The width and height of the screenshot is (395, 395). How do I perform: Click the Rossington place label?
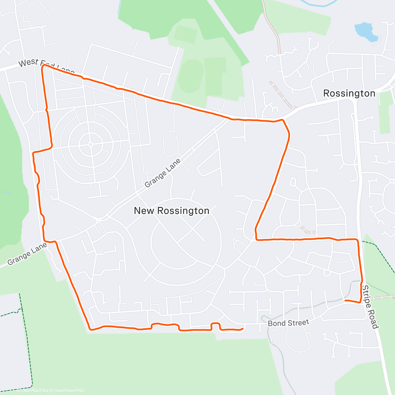click(349, 93)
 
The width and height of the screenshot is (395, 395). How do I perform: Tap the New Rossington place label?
click(171, 211)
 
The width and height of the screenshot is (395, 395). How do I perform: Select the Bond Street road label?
click(288, 323)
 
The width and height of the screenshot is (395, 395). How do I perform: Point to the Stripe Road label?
click(370, 307)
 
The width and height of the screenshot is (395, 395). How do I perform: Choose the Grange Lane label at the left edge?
click(27, 254)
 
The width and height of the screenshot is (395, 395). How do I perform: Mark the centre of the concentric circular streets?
click(90, 145)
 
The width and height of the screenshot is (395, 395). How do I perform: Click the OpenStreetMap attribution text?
click(69, 391)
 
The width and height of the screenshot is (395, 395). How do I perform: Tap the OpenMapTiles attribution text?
click(35, 391)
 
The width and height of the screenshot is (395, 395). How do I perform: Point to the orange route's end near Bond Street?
click(243, 329)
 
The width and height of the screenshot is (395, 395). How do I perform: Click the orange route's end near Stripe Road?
click(345, 301)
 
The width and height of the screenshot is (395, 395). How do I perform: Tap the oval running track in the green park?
click(191, 77)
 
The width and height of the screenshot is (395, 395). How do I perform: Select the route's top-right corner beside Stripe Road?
click(357, 240)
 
